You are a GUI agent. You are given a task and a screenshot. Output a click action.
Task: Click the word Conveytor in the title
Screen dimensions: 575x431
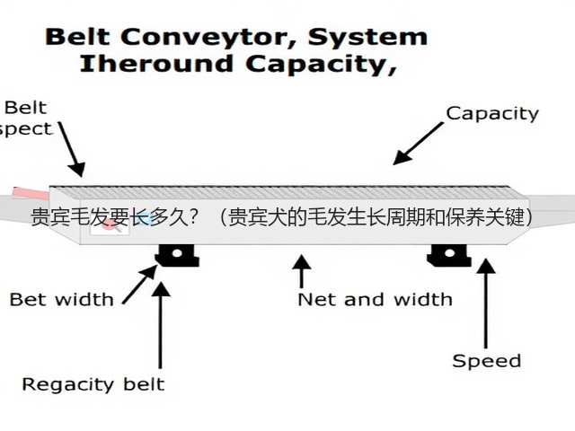pyautogui.click(x=208, y=38)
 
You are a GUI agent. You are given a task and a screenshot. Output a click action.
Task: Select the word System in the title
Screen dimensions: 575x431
pyautogui.click(x=367, y=37)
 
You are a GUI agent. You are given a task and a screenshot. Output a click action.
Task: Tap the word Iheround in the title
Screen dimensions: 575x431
pyautogui.click(x=156, y=63)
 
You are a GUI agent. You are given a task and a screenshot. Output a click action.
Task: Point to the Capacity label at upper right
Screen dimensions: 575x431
pyautogui.click(x=492, y=114)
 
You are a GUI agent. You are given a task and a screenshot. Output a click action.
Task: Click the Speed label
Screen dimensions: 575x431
pyautogui.click(x=486, y=361)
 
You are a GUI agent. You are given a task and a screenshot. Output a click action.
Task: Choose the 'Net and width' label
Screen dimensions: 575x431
pyautogui.click(x=376, y=299)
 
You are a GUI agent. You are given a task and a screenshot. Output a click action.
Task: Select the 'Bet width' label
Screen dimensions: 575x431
pyautogui.click(x=62, y=299)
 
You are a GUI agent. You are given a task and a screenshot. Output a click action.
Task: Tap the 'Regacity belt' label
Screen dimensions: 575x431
pyautogui.click(x=93, y=385)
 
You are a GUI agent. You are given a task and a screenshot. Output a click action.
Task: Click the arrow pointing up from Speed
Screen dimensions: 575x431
pyautogui.click(x=486, y=303)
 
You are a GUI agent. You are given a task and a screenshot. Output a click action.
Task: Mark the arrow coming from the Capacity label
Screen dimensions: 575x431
pyautogui.click(x=418, y=144)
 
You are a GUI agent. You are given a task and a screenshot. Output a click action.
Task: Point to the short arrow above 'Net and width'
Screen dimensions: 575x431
pyautogui.click(x=302, y=271)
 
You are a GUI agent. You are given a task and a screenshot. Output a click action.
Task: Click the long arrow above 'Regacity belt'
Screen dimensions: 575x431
pyautogui.click(x=160, y=325)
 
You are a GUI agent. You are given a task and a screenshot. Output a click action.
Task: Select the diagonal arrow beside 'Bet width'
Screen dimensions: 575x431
pyautogui.click(x=140, y=285)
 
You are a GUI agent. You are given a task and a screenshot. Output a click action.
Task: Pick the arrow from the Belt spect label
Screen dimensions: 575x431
pyautogui.click(x=72, y=149)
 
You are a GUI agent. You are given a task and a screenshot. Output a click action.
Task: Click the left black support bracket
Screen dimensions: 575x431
pyautogui.click(x=178, y=255)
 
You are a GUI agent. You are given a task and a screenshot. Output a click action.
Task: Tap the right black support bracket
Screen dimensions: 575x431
pyautogui.click(x=449, y=255)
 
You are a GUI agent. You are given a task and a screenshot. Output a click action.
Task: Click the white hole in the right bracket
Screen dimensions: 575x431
pyautogui.click(x=449, y=253)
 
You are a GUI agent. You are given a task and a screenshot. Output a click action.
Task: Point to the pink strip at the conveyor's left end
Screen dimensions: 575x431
pyautogui.click(x=31, y=194)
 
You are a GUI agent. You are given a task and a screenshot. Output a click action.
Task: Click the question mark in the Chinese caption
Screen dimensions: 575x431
pyautogui.click(x=193, y=217)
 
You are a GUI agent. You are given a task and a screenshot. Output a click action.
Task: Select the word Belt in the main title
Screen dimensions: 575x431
pyautogui.click(x=78, y=37)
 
